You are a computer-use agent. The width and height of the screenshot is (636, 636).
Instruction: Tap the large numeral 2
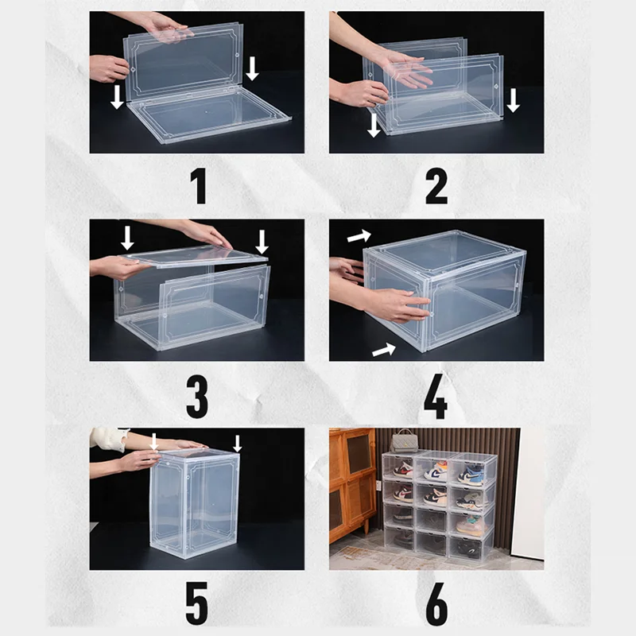pos(436,186)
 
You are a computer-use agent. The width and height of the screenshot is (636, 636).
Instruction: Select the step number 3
pos(197,397)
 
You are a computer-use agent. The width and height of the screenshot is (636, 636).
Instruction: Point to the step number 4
pos(436,397)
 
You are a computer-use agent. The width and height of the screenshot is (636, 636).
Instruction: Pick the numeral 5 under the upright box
pos(196,603)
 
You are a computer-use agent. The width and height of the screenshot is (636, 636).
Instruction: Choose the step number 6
pos(436,604)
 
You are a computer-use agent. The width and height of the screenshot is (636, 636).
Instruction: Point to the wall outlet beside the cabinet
pos(378,487)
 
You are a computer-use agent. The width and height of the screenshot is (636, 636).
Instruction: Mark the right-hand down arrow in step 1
pos(252,68)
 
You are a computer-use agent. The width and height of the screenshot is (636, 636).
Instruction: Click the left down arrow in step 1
pos(117,96)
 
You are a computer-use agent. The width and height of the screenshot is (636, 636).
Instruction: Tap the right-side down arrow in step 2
pos(513,100)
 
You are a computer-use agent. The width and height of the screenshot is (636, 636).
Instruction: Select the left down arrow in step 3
pos(127,238)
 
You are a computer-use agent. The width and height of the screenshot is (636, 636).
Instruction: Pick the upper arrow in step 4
pos(359,236)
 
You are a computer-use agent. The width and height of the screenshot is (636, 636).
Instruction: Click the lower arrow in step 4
pos(384,350)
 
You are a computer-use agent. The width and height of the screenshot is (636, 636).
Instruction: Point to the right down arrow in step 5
pos(237,444)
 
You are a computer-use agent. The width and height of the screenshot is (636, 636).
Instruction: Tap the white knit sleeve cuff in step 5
pos(118,440)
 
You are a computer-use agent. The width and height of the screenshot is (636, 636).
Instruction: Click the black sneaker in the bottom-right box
pos(469,549)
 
